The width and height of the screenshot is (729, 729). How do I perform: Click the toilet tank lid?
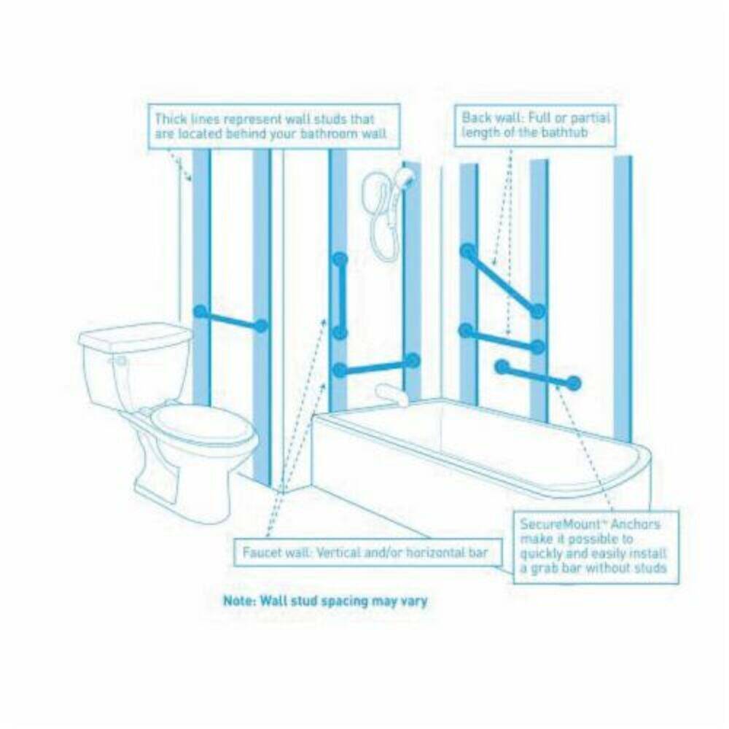click(x=135, y=336)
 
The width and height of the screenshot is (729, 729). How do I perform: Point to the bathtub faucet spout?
click(x=391, y=394)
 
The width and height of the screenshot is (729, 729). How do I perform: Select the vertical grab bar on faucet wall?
click(x=340, y=296)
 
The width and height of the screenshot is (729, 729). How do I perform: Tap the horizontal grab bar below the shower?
click(x=377, y=365)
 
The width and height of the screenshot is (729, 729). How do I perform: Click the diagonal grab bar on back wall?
click(x=503, y=281)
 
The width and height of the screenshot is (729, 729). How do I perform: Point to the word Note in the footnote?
click(x=239, y=601)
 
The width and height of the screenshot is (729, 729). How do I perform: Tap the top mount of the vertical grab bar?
click(x=340, y=260)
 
